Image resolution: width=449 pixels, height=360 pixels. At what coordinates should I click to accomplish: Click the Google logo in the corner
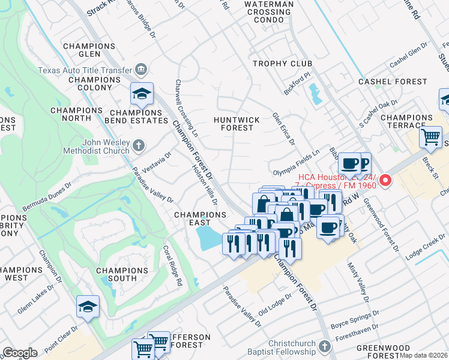click(20, 353)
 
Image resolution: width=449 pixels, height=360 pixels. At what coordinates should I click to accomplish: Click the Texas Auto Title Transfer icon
click(142, 70)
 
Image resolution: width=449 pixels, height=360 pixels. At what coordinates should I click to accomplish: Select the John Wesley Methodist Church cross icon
click(138, 146)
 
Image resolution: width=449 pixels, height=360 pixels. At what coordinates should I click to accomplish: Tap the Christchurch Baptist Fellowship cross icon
click(324, 347)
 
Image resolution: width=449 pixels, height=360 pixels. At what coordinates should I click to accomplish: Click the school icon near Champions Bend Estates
click(142, 94)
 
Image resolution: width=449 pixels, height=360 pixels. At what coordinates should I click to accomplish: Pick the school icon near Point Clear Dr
click(88, 307)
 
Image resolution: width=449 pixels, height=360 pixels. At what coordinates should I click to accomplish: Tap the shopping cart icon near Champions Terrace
click(430, 137)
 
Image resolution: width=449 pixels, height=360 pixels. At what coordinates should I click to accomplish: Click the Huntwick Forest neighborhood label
click(237, 124)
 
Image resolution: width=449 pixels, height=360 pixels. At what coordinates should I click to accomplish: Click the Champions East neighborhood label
click(200, 219)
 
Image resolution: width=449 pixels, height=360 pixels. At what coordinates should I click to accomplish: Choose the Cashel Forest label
click(387, 81)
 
